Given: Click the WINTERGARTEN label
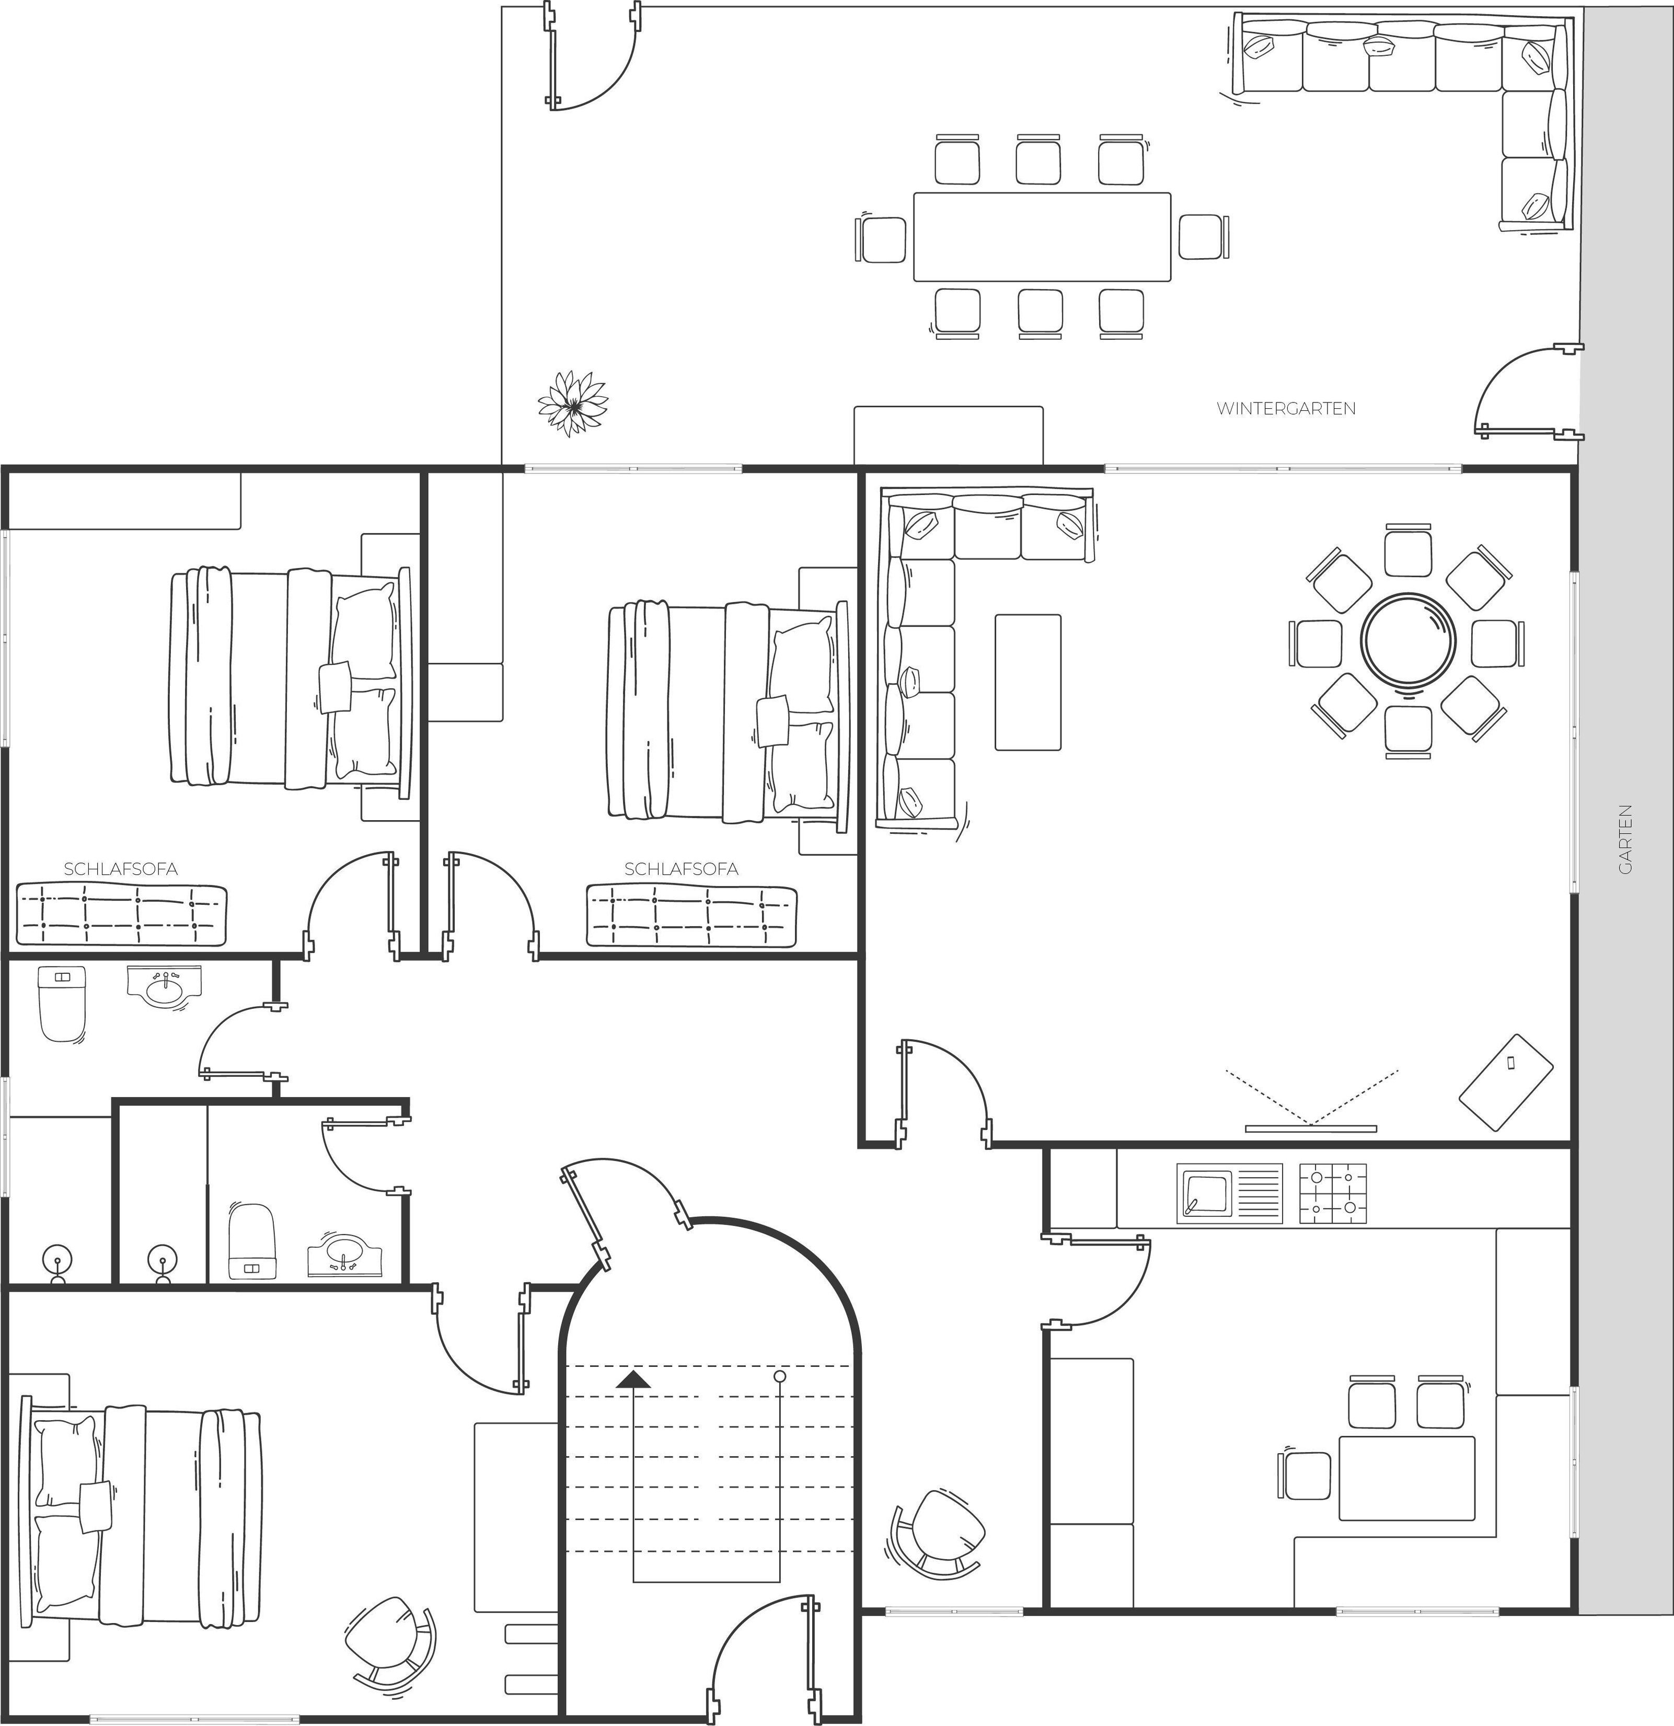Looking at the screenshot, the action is point(1286,409).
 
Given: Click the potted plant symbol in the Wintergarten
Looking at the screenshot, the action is point(573,404).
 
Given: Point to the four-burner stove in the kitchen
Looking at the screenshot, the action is point(1333,1193).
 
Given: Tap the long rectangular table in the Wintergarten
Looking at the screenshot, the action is point(1042,237).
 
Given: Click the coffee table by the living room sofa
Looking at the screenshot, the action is point(1028,683).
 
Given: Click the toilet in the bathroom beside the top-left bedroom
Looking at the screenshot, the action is point(62,1004).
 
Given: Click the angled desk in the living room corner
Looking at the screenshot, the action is point(1506,1083).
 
